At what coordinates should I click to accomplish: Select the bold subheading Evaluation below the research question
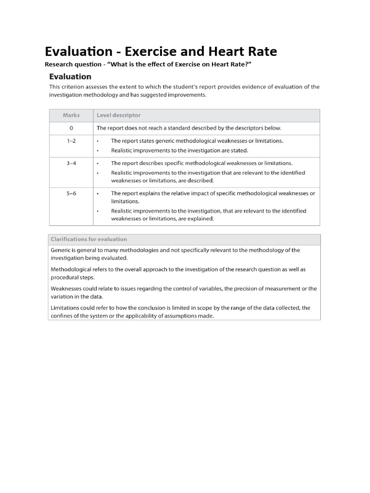click(x=70, y=77)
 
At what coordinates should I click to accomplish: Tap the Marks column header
click(x=71, y=116)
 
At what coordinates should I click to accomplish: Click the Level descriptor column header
click(x=119, y=116)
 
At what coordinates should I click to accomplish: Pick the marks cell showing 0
click(x=71, y=128)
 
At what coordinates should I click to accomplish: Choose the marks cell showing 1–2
click(x=71, y=141)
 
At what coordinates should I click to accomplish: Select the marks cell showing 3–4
click(x=71, y=163)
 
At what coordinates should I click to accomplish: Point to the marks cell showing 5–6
click(x=71, y=193)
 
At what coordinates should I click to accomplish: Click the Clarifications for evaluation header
click(x=89, y=239)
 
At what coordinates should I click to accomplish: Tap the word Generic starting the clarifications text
click(x=61, y=250)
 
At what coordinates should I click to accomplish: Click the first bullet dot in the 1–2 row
click(x=97, y=142)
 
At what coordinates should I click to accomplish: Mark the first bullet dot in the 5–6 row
click(x=97, y=194)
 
